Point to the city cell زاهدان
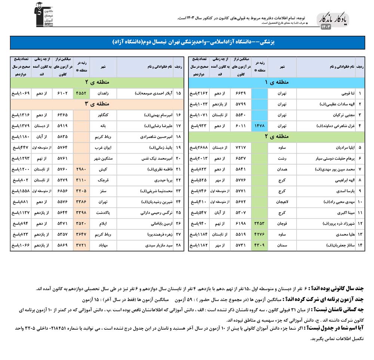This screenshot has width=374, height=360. pyautogui.click(x=102, y=93)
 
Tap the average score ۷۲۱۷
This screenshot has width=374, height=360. pyautogui.click(x=240, y=148)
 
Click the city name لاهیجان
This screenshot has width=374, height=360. pyautogui.click(x=282, y=202)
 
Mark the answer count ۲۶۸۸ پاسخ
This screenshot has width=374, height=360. pyautogui.click(x=198, y=148)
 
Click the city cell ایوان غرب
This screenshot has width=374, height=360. pyautogui.click(x=102, y=148)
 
